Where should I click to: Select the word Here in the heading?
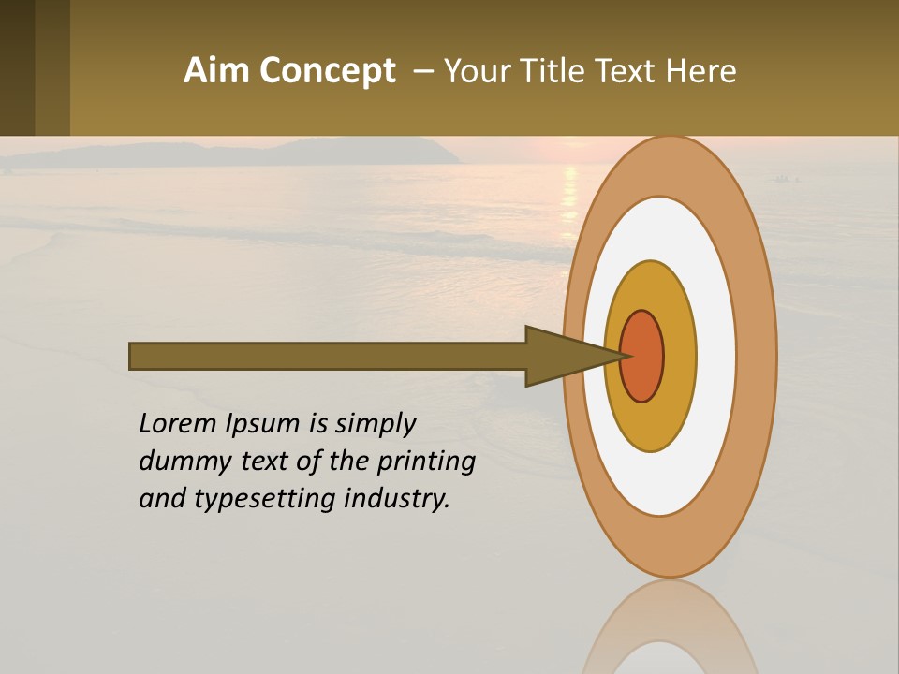pos(700,71)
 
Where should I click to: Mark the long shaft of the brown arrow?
pos(328,357)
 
